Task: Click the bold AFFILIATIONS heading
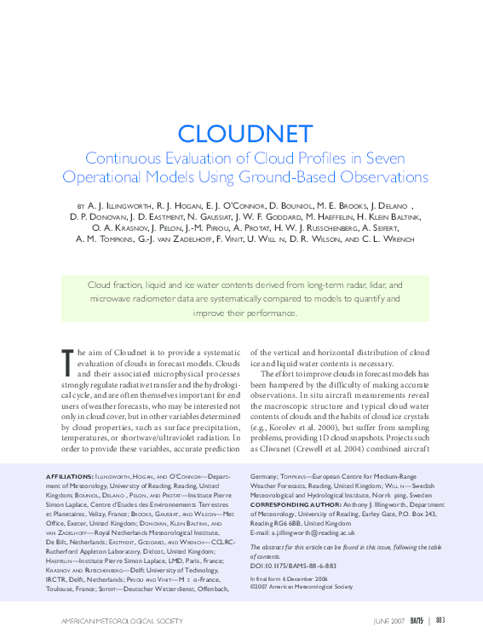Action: [x=69, y=475]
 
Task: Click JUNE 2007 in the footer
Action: [x=389, y=621]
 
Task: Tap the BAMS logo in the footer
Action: [x=417, y=621]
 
